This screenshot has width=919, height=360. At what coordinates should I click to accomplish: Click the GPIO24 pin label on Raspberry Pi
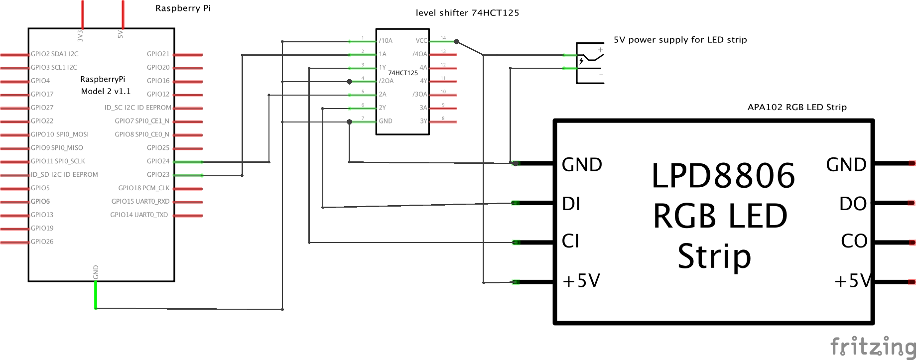click(x=158, y=161)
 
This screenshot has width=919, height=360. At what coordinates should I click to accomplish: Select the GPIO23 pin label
click(x=158, y=175)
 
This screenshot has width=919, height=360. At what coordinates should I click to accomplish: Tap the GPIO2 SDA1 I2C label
click(x=54, y=54)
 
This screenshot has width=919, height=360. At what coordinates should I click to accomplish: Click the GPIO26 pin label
click(x=42, y=241)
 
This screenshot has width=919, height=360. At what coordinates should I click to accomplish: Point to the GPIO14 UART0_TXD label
click(x=139, y=215)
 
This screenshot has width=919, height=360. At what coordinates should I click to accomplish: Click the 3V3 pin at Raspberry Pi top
click(x=82, y=15)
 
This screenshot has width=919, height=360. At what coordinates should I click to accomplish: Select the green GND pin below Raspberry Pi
click(x=96, y=295)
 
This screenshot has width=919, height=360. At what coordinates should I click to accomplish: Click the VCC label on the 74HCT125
click(x=421, y=41)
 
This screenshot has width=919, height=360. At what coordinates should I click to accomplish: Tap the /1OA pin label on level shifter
click(x=386, y=41)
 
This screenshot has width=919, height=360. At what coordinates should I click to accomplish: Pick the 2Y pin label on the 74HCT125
click(x=383, y=108)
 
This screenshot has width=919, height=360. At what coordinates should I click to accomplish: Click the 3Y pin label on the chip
click(x=423, y=121)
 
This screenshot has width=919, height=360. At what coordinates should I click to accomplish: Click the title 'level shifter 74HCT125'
click(x=467, y=13)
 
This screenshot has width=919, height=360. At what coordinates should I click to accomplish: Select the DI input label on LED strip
click(x=571, y=204)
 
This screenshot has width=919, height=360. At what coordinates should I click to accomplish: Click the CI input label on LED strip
click(x=570, y=241)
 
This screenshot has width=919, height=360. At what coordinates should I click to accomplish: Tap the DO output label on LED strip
click(x=853, y=204)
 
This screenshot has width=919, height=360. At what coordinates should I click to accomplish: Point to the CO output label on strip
click(x=854, y=241)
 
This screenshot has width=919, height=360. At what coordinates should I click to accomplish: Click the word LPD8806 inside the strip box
click(x=723, y=176)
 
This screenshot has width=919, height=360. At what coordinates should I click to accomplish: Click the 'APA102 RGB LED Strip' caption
click(x=797, y=107)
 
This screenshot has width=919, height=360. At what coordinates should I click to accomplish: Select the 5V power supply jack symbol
click(x=590, y=63)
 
